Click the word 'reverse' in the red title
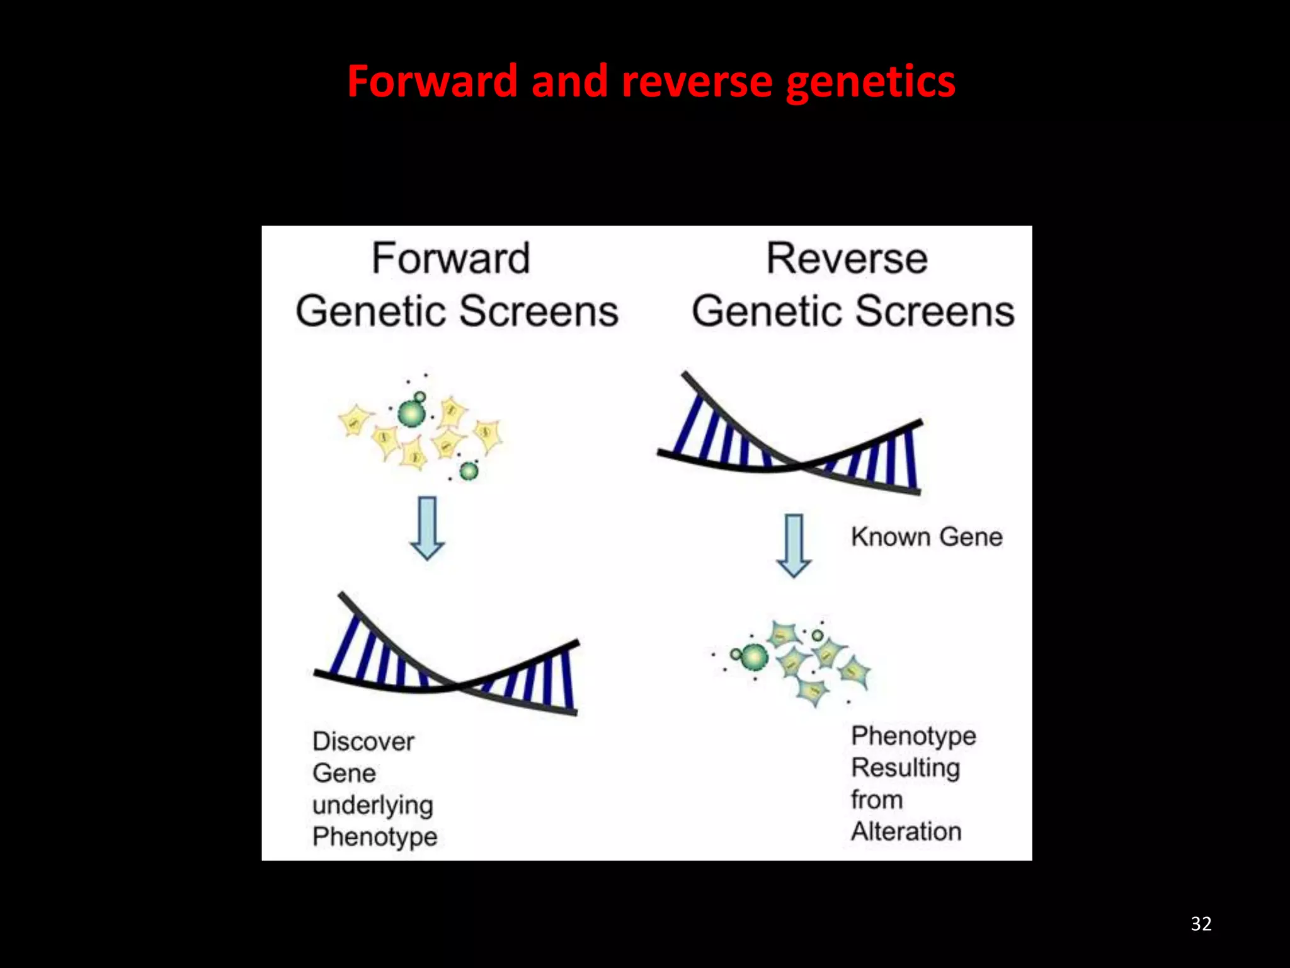click(x=696, y=82)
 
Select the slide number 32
click(x=1201, y=923)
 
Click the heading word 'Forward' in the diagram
click(x=450, y=258)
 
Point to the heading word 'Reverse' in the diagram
click(x=847, y=258)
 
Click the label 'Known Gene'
click(x=927, y=537)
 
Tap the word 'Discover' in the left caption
click(x=363, y=741)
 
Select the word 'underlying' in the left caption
click(x=373, y=805)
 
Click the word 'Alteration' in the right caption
click(x=906, y=831)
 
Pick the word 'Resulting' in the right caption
click(x=905, y=768)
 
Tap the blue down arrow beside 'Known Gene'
click(x=793, y=545)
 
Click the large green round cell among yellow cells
click(x=411, y=413)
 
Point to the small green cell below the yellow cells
click(x=469, y=470)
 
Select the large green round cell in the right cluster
click(x=754, y=657)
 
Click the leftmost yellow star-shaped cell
click(x=355, y=420)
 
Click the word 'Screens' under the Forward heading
click(x=539, y=311)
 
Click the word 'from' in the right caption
click(x=877, y=800)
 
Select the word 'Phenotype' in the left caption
click(x=375, y=837)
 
